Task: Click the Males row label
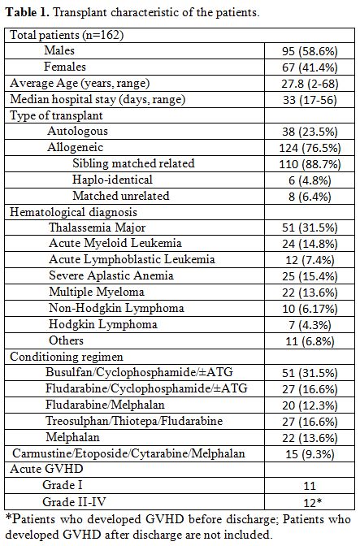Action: click(x=59, y=50)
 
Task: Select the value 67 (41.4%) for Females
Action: click(x=310, y=67)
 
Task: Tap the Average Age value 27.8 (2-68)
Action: click(x=310, y=84)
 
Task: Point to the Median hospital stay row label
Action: click(x=98, y=100)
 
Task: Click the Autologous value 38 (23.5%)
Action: click(x=310, y=132)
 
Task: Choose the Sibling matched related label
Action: click(x=133, y=163)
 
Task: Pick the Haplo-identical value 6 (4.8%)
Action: click(x=310, y=180)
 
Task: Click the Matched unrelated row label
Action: click(x=121, y=196)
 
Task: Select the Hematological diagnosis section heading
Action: click(x=73, y=212)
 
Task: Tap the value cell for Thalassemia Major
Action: click(x=310, y=227)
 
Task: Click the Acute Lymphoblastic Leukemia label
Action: click(x=132, y=259)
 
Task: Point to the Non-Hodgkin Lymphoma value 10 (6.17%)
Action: click(x=310, y=309)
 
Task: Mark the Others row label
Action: click(x=66, y=340)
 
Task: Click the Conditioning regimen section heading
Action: click(x=66, y=357)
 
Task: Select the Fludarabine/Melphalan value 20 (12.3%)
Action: click(x=310, y=405)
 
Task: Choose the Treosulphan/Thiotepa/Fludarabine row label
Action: click(x=134, y=421)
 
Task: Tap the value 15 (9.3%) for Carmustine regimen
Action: click(x=310, y=454)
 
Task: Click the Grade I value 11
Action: click(x=310, y=486)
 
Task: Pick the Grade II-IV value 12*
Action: click(x=312, y=502)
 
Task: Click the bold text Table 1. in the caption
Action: click(x=28, y=12)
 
